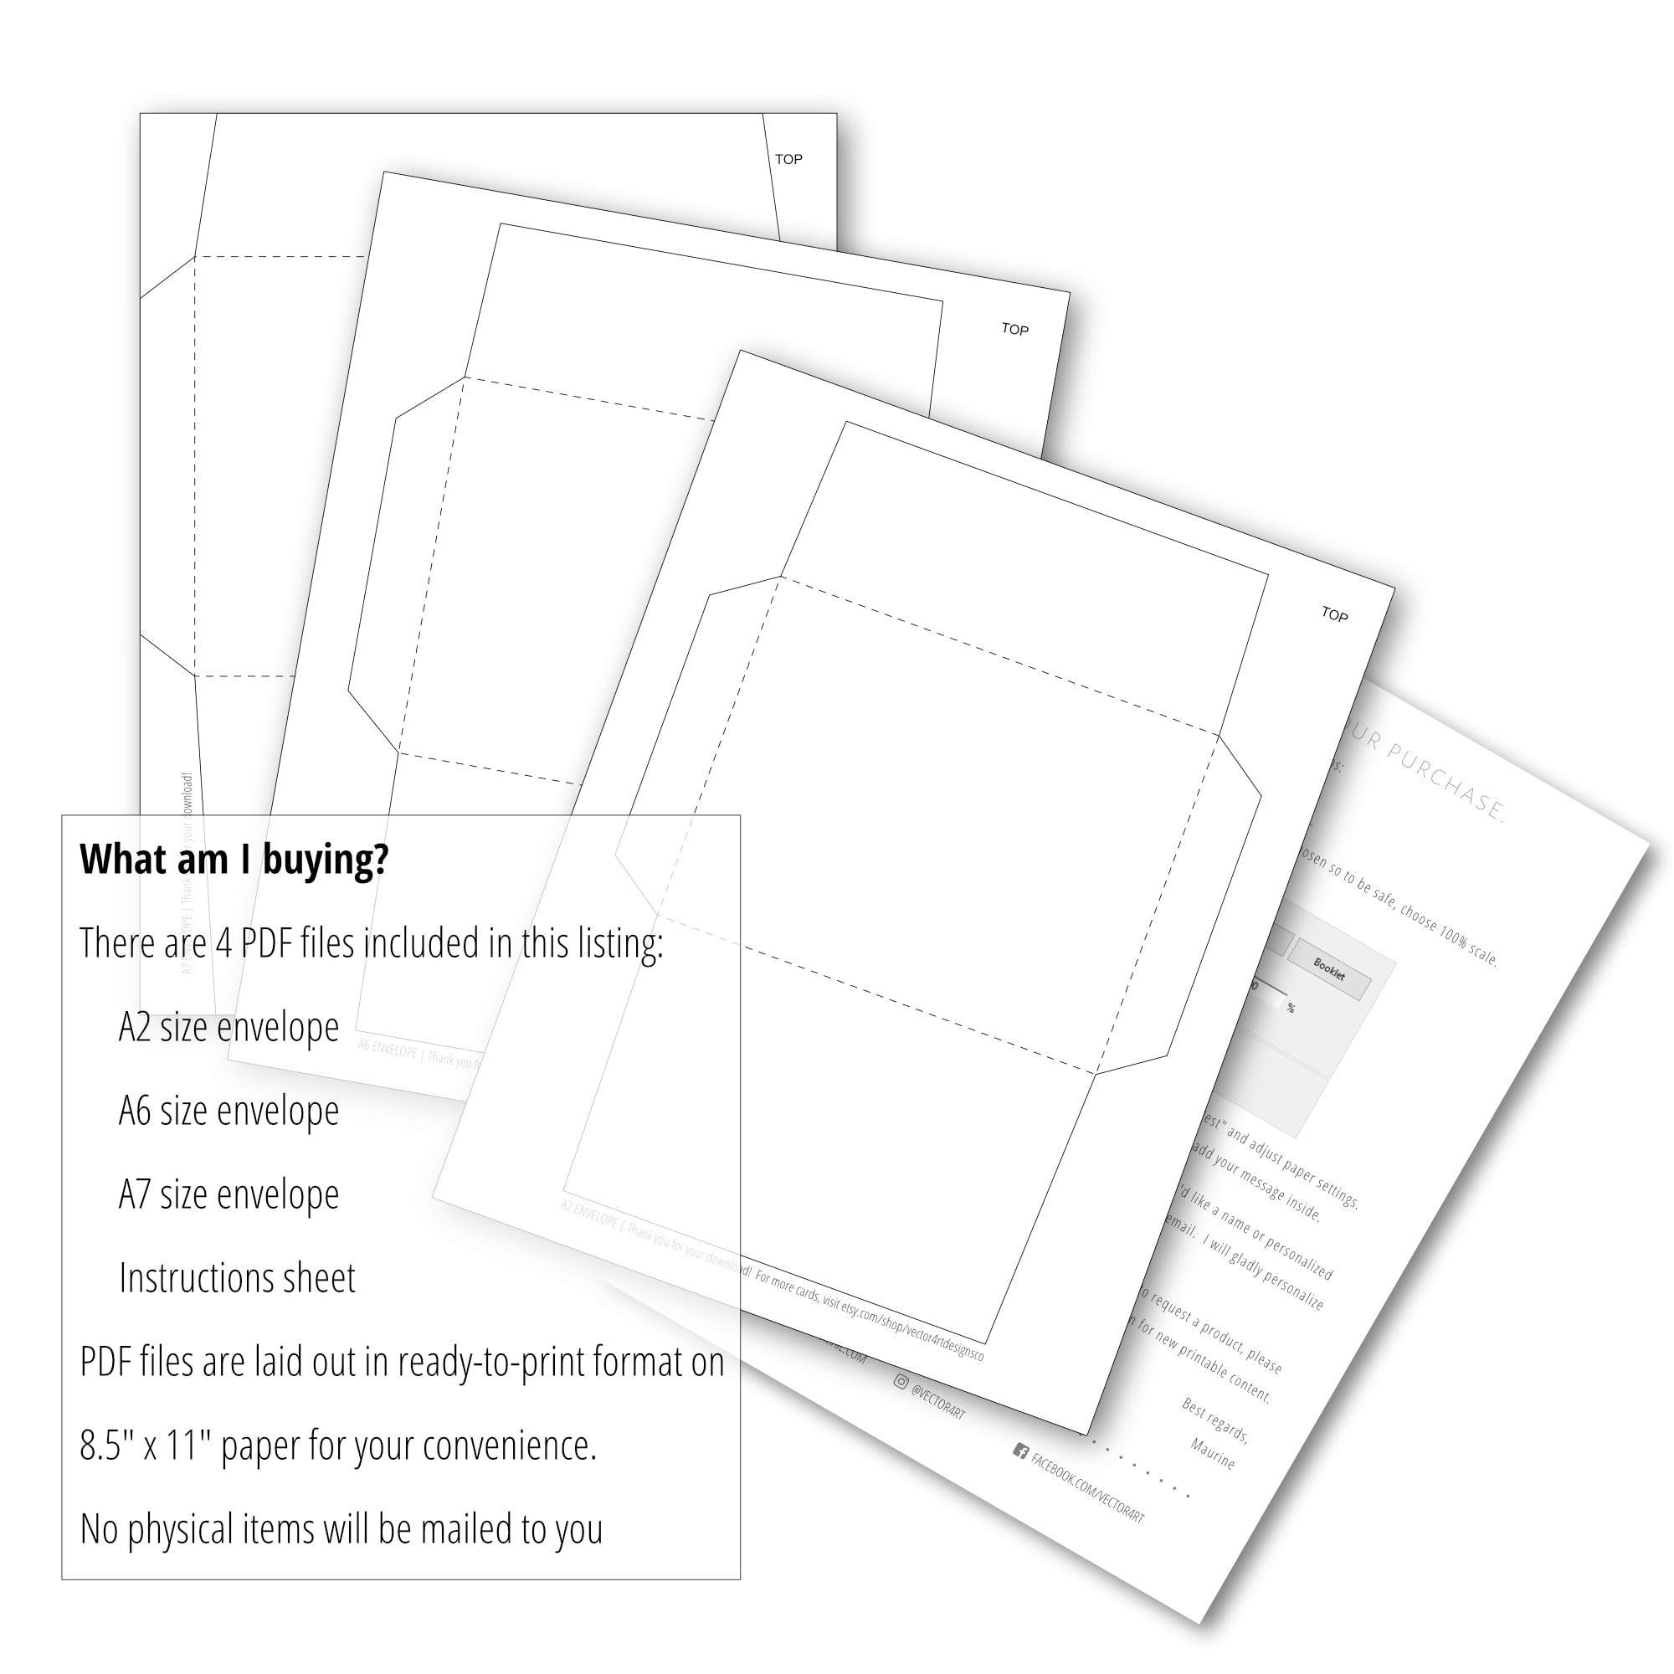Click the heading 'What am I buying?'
coord(234,860)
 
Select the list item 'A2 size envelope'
coord(229,1028)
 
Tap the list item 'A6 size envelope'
coord(229,1112)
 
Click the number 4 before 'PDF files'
coord(223,943)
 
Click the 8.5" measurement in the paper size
coord(107,1446)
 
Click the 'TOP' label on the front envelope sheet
coord(1334,614)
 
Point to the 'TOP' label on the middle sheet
coord(1014,329)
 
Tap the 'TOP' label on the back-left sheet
coord(788,159)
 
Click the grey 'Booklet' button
coord(1328,969)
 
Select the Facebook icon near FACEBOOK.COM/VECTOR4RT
coord(1020,1451)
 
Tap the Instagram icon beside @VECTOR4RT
coord(901,1382)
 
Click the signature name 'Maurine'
coord(1212,1453)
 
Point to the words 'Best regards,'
coord(1214,1421)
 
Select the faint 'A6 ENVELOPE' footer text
coord(388,1050)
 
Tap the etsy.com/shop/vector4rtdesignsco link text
coord(919,1322)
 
